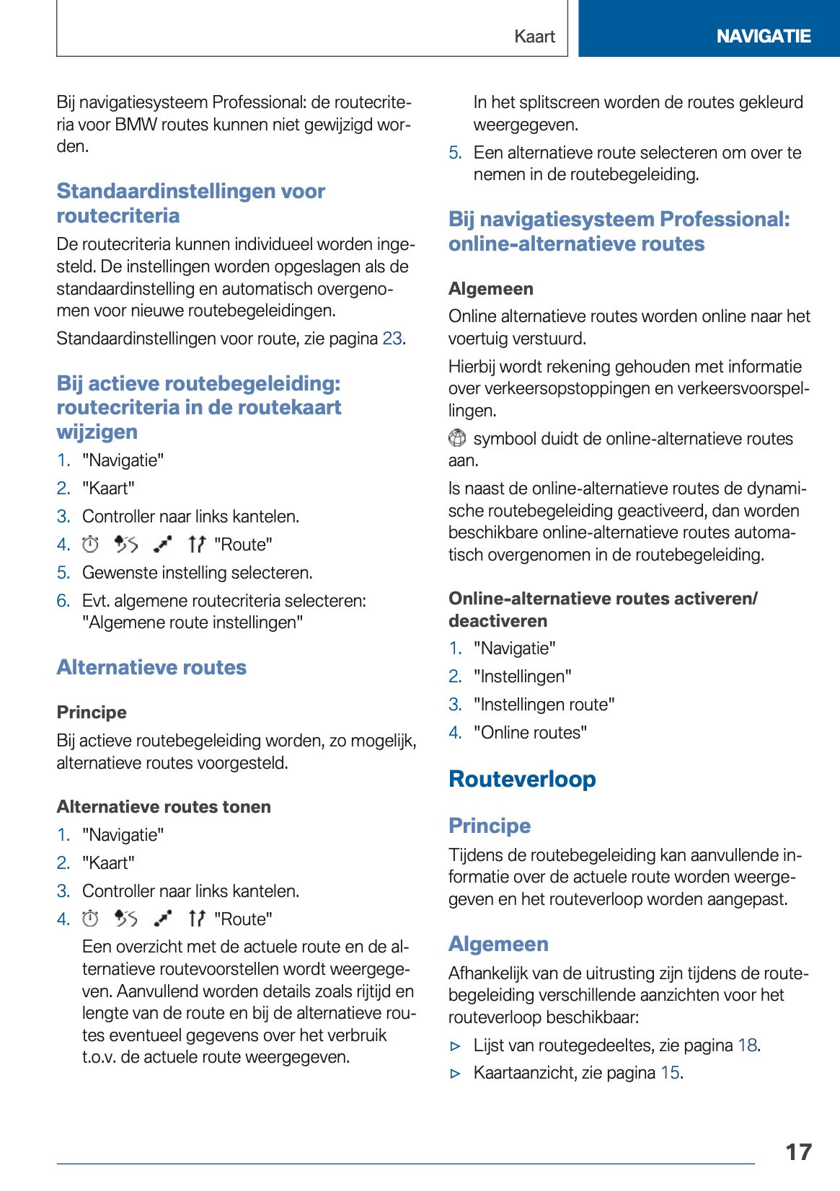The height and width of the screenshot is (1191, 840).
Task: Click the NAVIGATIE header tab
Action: pyautogui.click(x=763, y=36)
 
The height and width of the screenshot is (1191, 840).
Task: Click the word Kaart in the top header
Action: pyautogui.click(x=534, y=36)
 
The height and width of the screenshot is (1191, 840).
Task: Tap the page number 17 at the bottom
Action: pyautogui.click(x=798, y=1151)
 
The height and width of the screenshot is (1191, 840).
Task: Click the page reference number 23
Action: pyautogui.click(x=392, y=339)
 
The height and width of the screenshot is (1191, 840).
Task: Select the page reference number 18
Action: pyautogui.click(x=747, y=1045)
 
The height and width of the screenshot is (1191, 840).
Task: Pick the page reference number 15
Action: pyautogui.click(x=670, y=1073)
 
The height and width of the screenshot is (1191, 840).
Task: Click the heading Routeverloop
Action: pyautogui.click(x=522, y=779)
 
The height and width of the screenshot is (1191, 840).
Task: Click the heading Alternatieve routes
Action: pyautogui.click(x=151, y=667)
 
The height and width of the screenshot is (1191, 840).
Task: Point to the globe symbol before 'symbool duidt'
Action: pyautogui.click(x=457, y=438)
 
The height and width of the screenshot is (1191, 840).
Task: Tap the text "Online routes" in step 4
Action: pyautogui.click(x=530, y=733)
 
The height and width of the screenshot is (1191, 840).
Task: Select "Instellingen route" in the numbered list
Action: pyautogui.click(x=544, y=705)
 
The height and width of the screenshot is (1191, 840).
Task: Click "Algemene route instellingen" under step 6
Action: pyautogui.click(x=193, y=623)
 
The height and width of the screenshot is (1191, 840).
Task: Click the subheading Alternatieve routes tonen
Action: pyautogui.click(x=164, y=807)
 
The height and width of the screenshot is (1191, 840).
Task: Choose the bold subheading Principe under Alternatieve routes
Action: pyautogui.click(x=92, y=713)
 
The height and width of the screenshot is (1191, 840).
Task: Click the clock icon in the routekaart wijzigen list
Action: pyautogui.click(x=90, y=545)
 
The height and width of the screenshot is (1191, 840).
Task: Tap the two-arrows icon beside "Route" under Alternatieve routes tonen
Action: pyautogui.click(x=196, y=919)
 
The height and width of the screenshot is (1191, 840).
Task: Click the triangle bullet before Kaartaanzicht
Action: pyautogui.click(x=455, y=1074)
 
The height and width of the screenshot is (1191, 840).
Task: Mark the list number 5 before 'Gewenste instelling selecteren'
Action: pyautogui.click(x=63, y=573)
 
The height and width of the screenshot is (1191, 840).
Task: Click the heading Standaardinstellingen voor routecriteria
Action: pyautogui.click(x=190, y=203)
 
